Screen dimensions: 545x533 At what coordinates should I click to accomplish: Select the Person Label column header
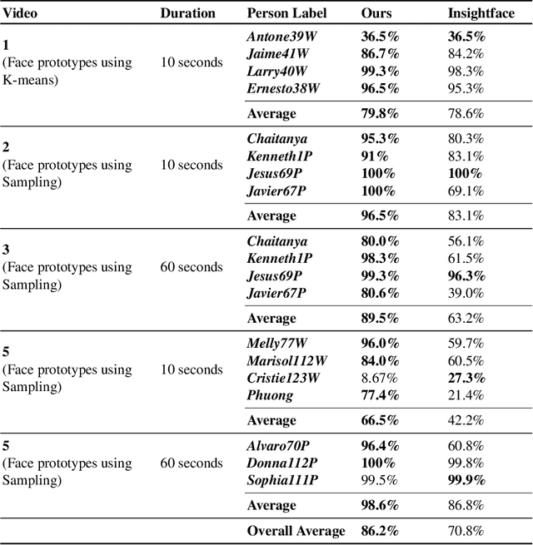click(x=286, y=13)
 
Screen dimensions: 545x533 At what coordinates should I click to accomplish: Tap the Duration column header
click(x=187, y=13)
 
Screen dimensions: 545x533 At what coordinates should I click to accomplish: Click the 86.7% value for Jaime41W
click(x=380, y=54)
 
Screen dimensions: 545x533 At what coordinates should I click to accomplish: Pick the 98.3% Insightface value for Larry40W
click(x=466, y=71)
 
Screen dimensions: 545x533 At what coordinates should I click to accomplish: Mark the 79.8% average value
click(x=380, y=113)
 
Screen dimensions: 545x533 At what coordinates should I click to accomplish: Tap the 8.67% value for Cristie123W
click(x=379, y=378)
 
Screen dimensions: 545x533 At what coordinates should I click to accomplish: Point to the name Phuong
click(x=270, y=394)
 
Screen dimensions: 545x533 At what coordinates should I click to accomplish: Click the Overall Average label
click(x=296, y=531)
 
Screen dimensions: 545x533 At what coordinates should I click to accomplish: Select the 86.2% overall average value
click(x=380, y=531)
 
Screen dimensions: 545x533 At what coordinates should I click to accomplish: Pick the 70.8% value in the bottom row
click(x=466, y=531)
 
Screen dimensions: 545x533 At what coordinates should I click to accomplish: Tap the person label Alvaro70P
click(x=279, y=446)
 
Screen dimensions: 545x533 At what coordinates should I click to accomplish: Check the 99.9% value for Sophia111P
click(x=466, y=480)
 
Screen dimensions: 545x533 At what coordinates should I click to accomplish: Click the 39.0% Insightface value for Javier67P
click(x=466, y=293)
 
